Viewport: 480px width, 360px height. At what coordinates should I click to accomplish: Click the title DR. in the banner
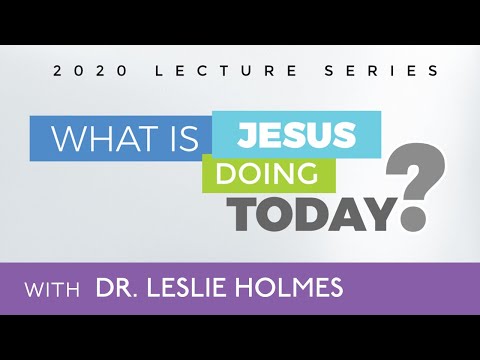[122, 289]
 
